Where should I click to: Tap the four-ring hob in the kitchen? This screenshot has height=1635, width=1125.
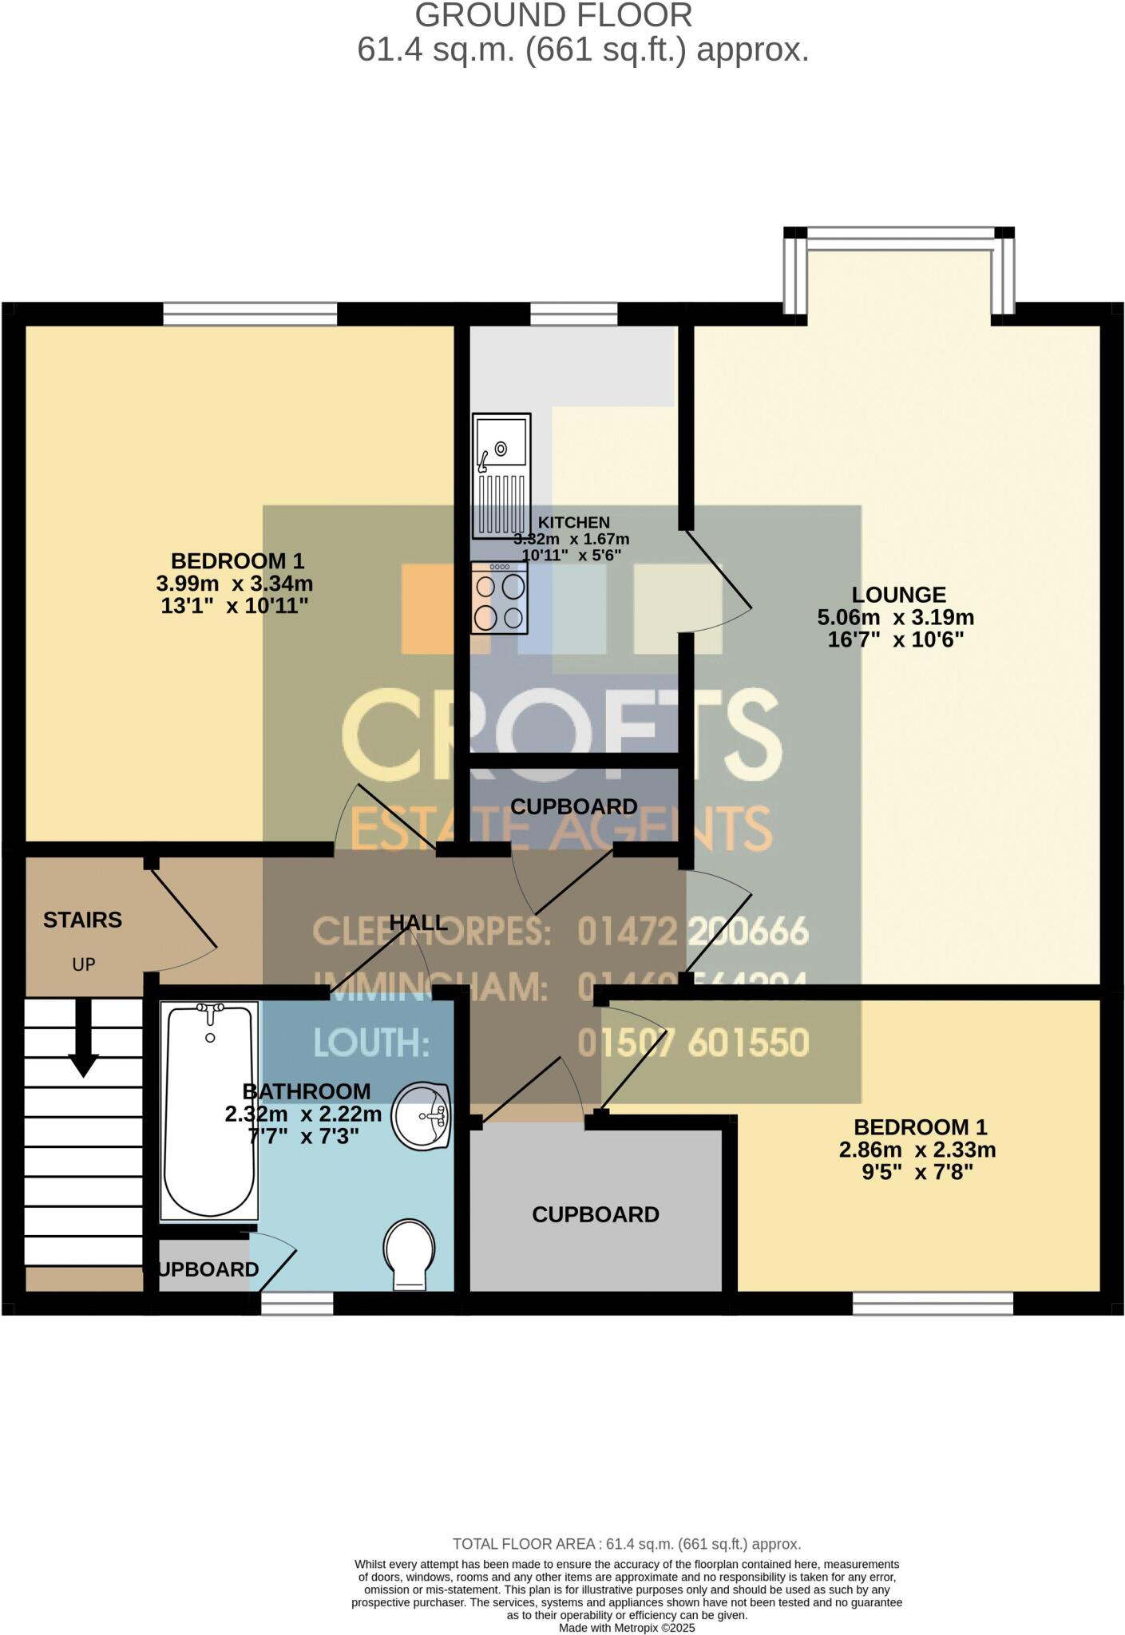point(499,598)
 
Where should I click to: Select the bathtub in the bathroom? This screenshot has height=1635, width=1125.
point(210,1110)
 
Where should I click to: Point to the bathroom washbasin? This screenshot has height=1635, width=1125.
point(422,1116)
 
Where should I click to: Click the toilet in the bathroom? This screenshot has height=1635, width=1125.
point(410,1252)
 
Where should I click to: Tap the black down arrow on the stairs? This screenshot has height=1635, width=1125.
point(83,1038)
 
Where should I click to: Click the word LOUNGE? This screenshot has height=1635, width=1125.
point(898,595)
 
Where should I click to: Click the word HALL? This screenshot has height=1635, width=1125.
point(418,923)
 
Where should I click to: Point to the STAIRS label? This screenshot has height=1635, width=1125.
point(82,920)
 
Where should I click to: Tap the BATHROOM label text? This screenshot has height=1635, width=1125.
point(306,1091)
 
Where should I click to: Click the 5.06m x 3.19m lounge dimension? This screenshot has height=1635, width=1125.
point(895,617)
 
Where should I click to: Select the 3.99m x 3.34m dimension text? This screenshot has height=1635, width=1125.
point(234,584)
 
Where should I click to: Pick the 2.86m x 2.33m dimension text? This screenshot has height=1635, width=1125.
point(917,1150)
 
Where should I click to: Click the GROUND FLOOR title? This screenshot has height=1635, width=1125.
point(553,16)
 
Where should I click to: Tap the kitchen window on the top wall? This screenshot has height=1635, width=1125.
point(574,314)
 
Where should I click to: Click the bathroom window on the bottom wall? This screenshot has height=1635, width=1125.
point(297,1303)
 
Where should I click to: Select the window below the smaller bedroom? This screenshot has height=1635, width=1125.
point(933,1303)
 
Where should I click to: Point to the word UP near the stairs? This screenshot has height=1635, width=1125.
point(84,964)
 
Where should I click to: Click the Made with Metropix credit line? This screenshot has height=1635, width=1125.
point(627,1628)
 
